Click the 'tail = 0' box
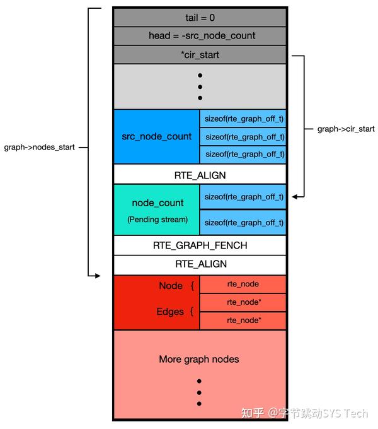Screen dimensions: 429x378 (200, 18)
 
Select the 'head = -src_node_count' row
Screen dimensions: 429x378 (200, 36)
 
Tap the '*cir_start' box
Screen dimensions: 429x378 (200, 55)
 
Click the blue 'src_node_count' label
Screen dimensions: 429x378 (157, 136)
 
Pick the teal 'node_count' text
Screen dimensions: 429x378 (157, 203)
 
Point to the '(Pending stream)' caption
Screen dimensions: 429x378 (157, 220)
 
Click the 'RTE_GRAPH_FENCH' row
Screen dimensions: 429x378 (200, 245)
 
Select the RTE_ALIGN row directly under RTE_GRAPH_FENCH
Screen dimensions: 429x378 (200, 264)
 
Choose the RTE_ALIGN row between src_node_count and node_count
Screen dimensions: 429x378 (200, 175)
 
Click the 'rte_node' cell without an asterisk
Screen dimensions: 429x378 (243, 285)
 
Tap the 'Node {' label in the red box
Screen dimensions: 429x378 (176, 286)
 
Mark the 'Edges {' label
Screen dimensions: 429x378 (175, 312)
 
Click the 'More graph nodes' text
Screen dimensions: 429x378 (198, 360)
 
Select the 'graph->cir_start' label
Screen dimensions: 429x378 (346, 129)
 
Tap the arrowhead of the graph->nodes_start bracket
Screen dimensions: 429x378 (96, 275)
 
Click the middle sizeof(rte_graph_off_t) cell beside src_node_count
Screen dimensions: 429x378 (243, 136)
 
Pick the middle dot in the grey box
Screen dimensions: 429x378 (200, 86)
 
